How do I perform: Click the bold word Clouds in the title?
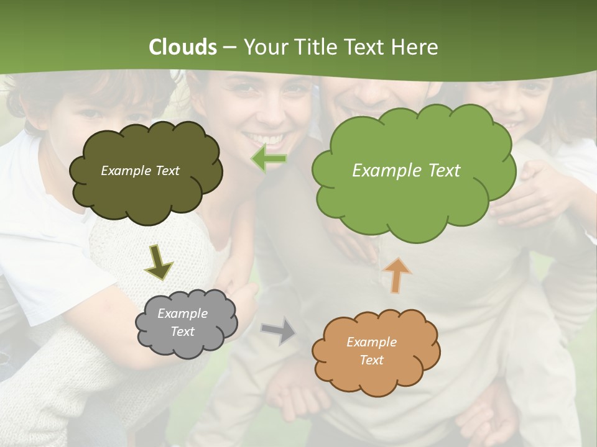pos(183,47)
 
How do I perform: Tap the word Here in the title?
pos(417,47)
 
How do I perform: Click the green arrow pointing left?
pos(269,159)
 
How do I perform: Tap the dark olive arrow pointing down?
pos(158,262)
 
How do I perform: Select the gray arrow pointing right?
pos(279,331)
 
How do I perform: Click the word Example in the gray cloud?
pos(182,314)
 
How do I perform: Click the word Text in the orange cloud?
pos(371,360)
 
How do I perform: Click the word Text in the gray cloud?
pos(182,332)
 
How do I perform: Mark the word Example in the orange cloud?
pos(371,342)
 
